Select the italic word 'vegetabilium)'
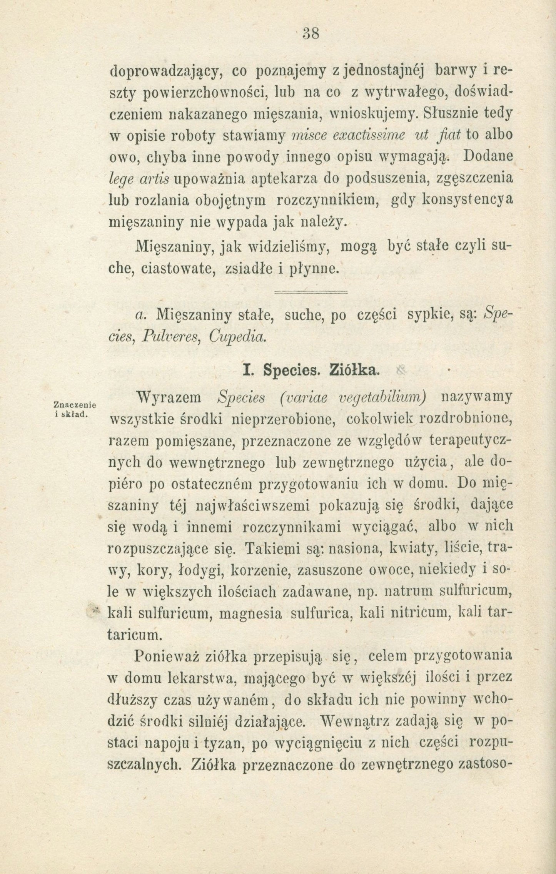click(x=381, y=398)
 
